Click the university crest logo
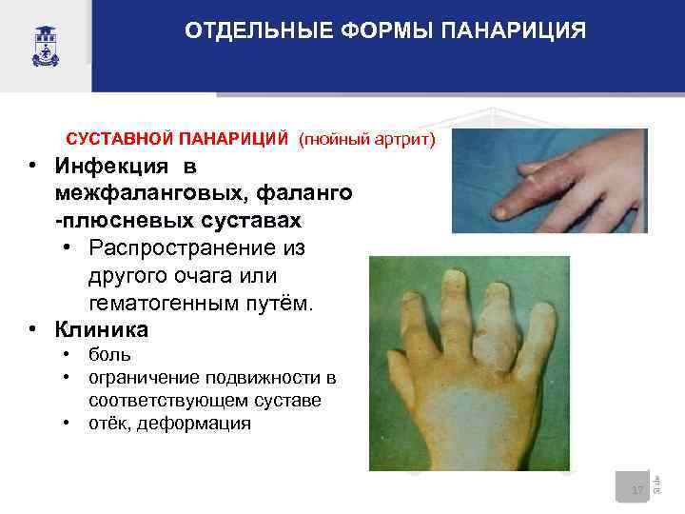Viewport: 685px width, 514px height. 45,44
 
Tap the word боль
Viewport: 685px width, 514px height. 110,356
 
